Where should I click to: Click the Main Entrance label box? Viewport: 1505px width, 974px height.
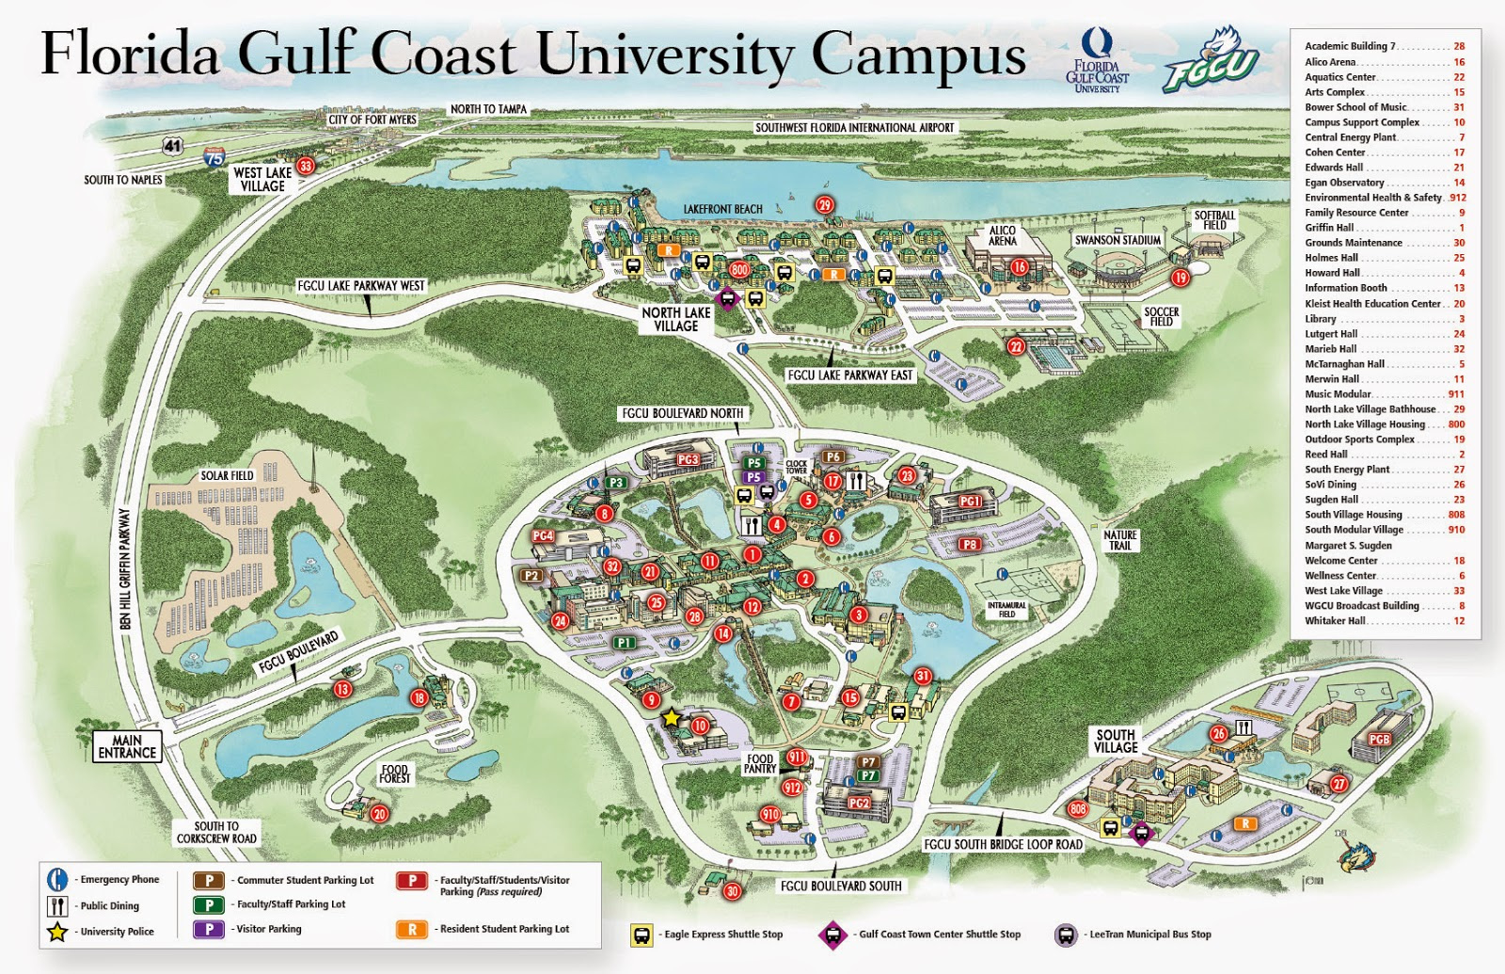[x=127, y=746]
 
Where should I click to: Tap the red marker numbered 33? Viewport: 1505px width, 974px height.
[x=306, y=167]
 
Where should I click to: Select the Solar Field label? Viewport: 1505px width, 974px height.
[x=227, y=475]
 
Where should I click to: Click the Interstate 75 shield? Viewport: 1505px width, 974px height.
[x=214, y=157]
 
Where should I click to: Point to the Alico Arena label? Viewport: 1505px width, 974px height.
[x=1003, y=235]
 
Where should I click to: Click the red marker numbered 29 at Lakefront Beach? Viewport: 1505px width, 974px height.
[x=825, y=205]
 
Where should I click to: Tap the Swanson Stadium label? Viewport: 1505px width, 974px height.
[x=1117, y=240]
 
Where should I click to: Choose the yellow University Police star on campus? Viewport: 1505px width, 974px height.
[x=671, y=718]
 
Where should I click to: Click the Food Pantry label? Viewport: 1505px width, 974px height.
[x=760, y=763]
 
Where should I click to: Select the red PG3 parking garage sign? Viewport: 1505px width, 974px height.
[x=688, y=459]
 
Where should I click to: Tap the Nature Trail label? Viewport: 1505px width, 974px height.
[x=1120, y=540]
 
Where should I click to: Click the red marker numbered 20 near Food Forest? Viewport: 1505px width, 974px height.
[x=380, y=814]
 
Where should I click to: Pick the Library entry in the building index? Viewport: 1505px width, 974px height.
[x=1321, y=319]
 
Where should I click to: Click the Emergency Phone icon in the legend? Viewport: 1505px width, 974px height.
[x=56, y=879]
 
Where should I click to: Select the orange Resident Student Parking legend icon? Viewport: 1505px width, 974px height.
[x=411, y=929]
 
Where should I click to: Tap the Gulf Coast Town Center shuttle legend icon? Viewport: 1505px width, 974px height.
[x=832, y=934]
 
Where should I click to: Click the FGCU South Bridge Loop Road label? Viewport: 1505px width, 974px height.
[x=1003, y=844]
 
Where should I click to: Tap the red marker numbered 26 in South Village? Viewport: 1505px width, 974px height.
[x=1219, y=733]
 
